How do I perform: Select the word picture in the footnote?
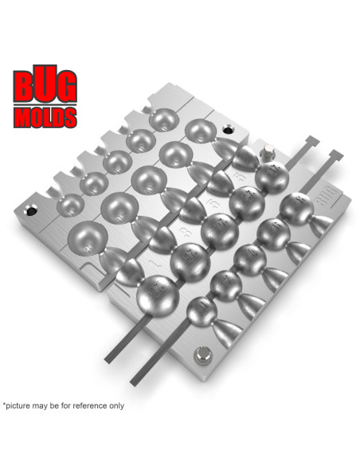click(22, 405)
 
